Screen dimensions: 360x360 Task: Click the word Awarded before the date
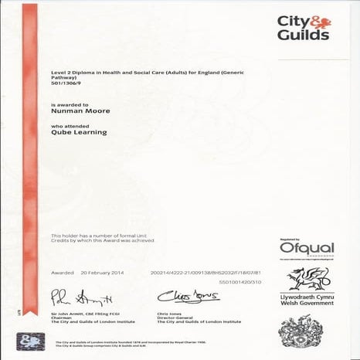pyautogui.click(x=63, y=273)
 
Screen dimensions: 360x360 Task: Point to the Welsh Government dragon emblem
pyautogui.click(x=308, y=278)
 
